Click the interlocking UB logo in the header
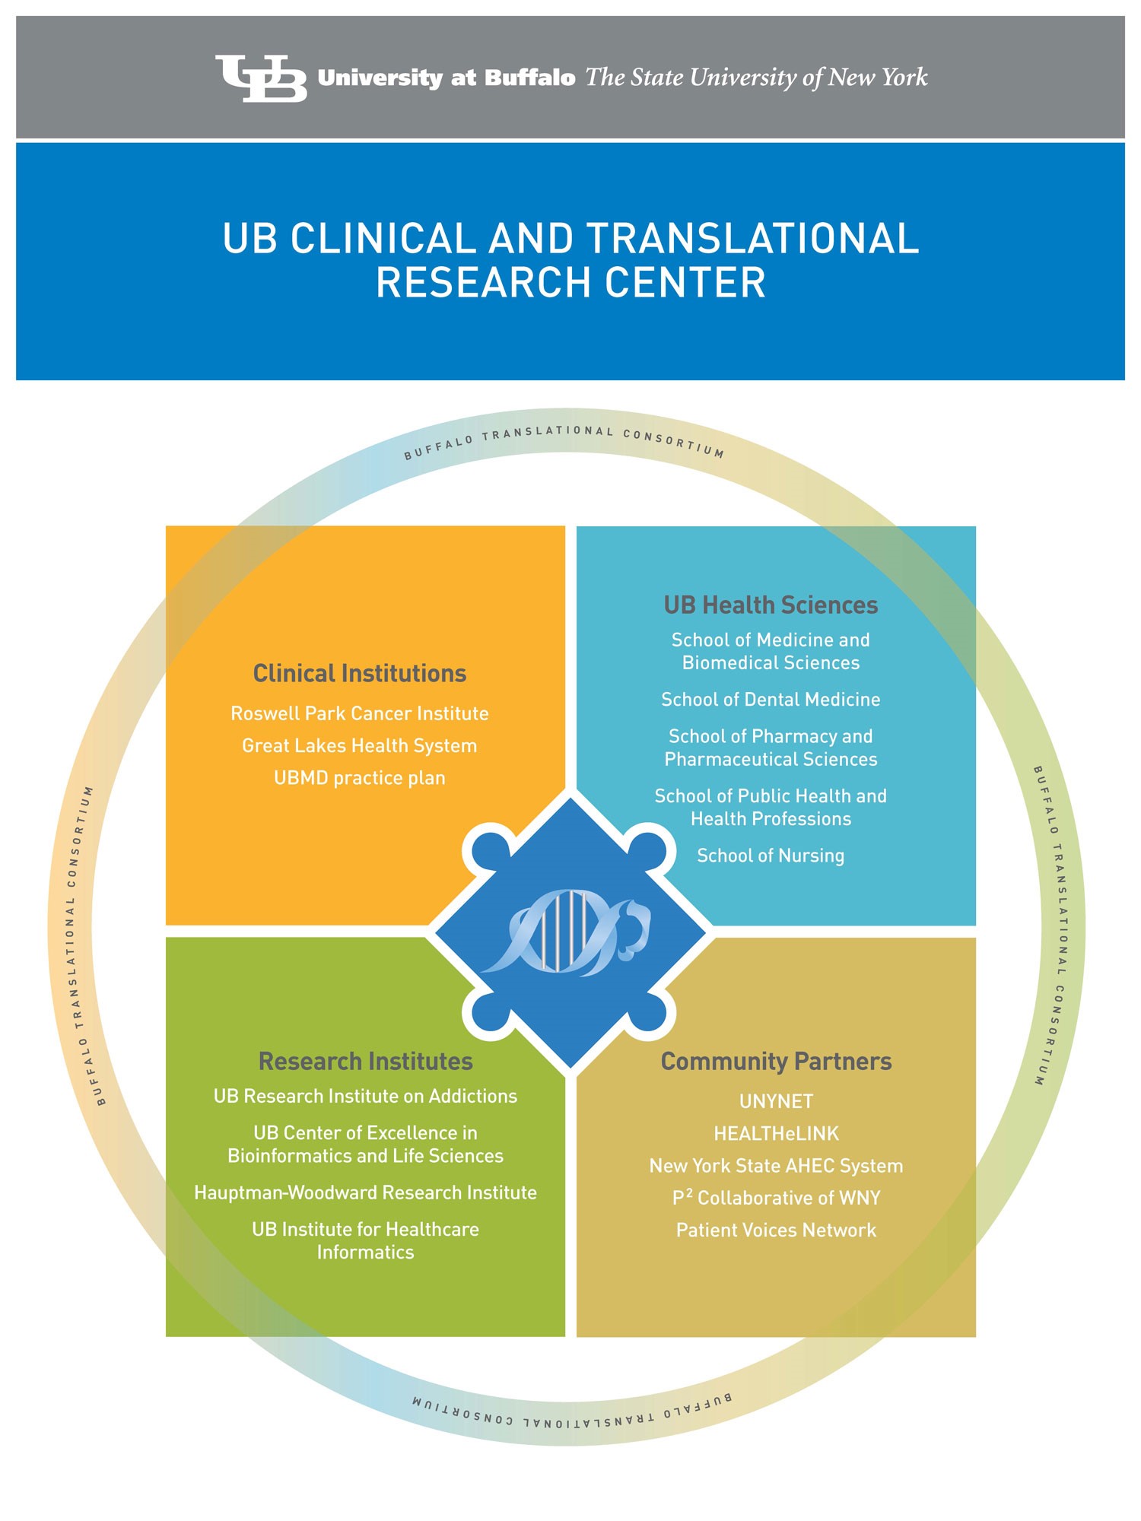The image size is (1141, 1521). [261, 78]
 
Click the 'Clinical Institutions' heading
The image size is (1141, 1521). [359, 674]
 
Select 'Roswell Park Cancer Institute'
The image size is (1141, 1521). [359, 713]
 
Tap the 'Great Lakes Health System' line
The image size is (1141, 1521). [359, 746]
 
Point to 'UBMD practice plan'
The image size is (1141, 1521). [359, 778]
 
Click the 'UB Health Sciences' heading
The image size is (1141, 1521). [771, 605]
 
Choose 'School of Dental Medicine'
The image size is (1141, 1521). [771, 700]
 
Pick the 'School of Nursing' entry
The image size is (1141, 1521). [771, 856]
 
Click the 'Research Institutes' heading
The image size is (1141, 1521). [365, 1062]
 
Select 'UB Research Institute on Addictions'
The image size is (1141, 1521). [365, 1096]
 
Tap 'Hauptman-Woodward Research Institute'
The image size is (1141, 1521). [365, 1192]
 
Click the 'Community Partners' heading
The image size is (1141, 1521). [776, 1062]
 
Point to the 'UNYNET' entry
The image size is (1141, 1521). [776, 1101]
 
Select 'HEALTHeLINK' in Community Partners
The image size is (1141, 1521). [776, 1134]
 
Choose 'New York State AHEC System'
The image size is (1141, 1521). [776, 1166]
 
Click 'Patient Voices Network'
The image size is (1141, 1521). [776, 1230]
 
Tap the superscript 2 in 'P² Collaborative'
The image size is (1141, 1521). [689, 1192]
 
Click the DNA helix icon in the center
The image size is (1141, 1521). [567, 932]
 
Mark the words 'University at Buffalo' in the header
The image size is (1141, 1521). [447, 78]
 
